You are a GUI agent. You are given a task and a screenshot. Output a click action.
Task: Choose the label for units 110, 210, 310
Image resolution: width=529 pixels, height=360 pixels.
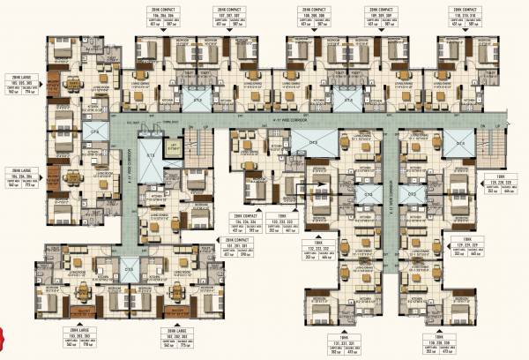(458, 17)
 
